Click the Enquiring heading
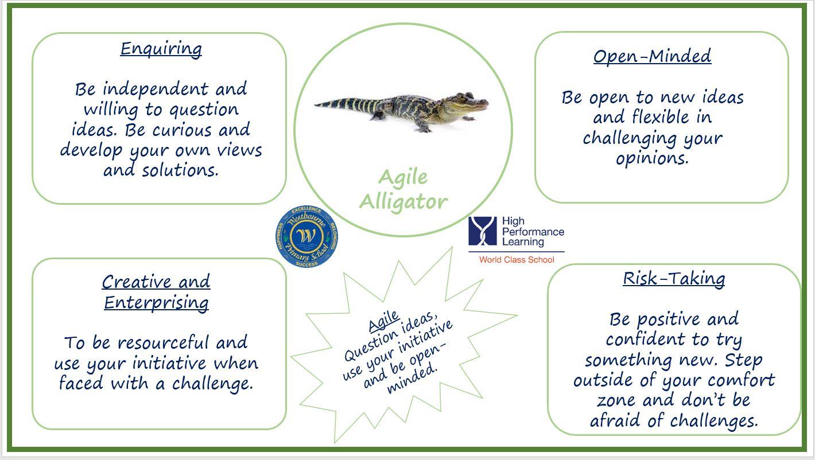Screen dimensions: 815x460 tap(161, 49)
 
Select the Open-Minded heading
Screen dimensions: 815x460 tap(652, 56)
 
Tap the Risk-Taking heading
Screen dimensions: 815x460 tap(674, 279)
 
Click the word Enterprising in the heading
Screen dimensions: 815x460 tap(157, 303)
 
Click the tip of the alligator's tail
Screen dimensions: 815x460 tap(315, 105)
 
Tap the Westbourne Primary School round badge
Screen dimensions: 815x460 tap(306, 236)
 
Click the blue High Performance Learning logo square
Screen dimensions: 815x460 tap(483, 231)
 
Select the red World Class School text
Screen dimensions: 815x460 tap(517, 260)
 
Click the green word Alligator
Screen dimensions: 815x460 tap(403, 202)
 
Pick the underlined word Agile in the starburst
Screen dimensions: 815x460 tap(384, 321)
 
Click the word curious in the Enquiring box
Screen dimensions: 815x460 tap(181, 130)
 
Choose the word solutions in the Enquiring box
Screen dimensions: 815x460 tap(180, 170)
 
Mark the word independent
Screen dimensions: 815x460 tap(156, 89)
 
